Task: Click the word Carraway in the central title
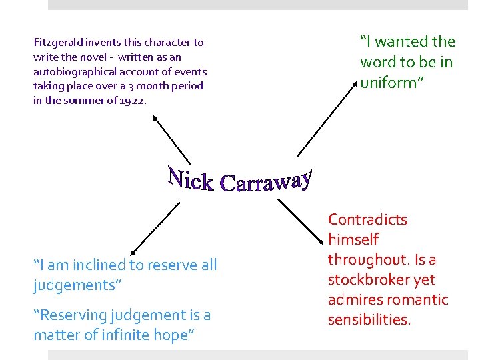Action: pos(265,181)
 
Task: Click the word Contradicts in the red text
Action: pos(367,219)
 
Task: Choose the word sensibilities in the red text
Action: pos(369,319)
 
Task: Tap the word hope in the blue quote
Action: pos(175,335)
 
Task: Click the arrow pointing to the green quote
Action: pos(325,120)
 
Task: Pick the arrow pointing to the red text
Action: pos(299,221)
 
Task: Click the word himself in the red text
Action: pos(353,239)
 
